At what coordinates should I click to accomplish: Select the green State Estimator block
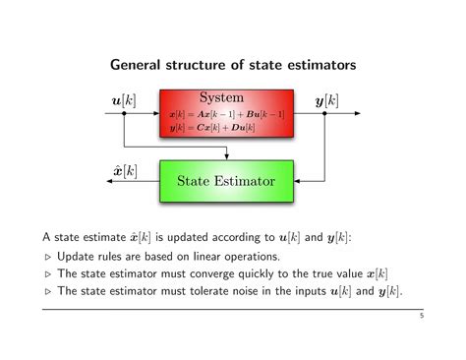coord(226,182)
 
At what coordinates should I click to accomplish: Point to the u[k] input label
coord(124,100)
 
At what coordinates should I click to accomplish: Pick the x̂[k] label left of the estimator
coord(124,171)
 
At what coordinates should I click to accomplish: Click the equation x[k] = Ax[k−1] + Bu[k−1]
coord(227,115)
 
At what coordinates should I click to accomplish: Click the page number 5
coord(420,316)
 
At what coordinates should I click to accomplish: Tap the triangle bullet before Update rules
coord(48,257)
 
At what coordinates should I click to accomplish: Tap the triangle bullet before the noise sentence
coord(48,292)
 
